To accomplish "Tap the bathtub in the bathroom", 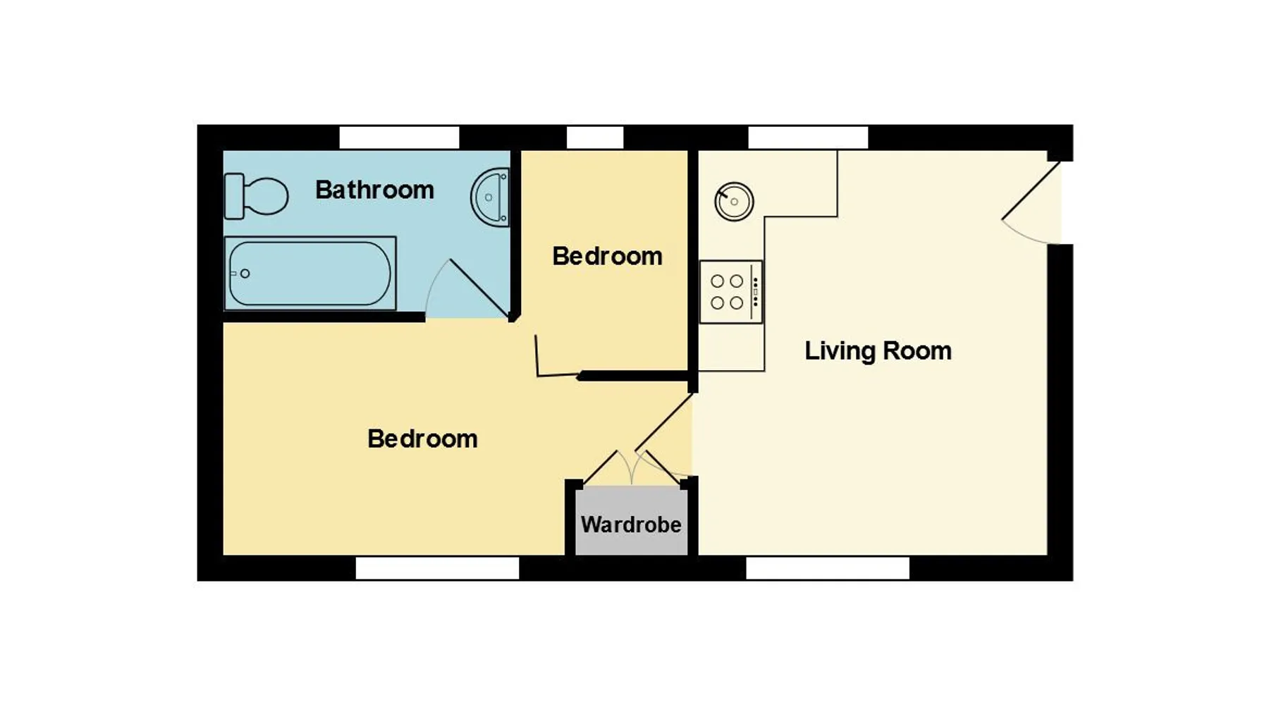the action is pyautogui.click(x=310, y=274).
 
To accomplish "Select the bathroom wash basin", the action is pyautogui.click(x=491, y=197).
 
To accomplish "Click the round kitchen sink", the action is pyautogui.click(x=734, y=202).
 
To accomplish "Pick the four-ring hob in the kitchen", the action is pyautogui.click(x=731, y=292).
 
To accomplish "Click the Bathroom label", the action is pyautogui.click(x=374, y=190).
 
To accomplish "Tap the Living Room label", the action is pyautogui.click(x=878, y=350).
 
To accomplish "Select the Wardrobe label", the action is pyautogui.click(x=631, y=525).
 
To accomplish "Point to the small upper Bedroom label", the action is pyautogui.click(x=607, y=256).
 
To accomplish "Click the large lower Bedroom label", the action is pyautogui.click(x=422, y=439).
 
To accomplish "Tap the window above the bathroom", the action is pyautogui.click(x=399, y=137).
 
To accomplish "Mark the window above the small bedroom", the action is pyautogui.click(x=595, y=137).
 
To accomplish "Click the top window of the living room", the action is pyautogui.click(x=808, y=137).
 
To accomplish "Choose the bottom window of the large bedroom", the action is pyautogui.click(x=437, y=568).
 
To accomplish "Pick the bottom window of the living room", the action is pyautogui.click(x=828, y=568).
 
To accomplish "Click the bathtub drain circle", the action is pyautogui.click(x=245, y=274).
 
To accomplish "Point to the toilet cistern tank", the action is pyautogui.click(x=234, y=195).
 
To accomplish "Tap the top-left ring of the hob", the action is pyautogui.click(x=718, y=281).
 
